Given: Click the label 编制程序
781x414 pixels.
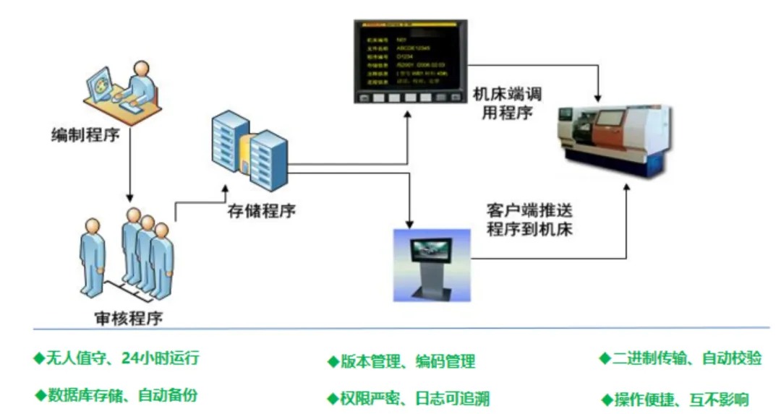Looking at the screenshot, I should [x=85, y=135].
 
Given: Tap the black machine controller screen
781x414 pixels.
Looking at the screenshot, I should [x=410, y=61].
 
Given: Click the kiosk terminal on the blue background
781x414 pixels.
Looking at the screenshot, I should [x=432, y=264].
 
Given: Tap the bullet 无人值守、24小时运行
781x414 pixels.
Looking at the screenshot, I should [x=116, y=358].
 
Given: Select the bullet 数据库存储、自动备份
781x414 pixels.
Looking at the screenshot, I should [x=116, y=395].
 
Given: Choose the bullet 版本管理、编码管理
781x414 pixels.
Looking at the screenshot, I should [x=401, y=361].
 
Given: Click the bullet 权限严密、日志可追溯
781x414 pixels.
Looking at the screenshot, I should [x=409, y=398].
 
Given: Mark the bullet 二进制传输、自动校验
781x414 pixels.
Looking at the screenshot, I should [x=680, y=358].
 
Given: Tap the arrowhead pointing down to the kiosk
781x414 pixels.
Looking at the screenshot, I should [x=410, y=223].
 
